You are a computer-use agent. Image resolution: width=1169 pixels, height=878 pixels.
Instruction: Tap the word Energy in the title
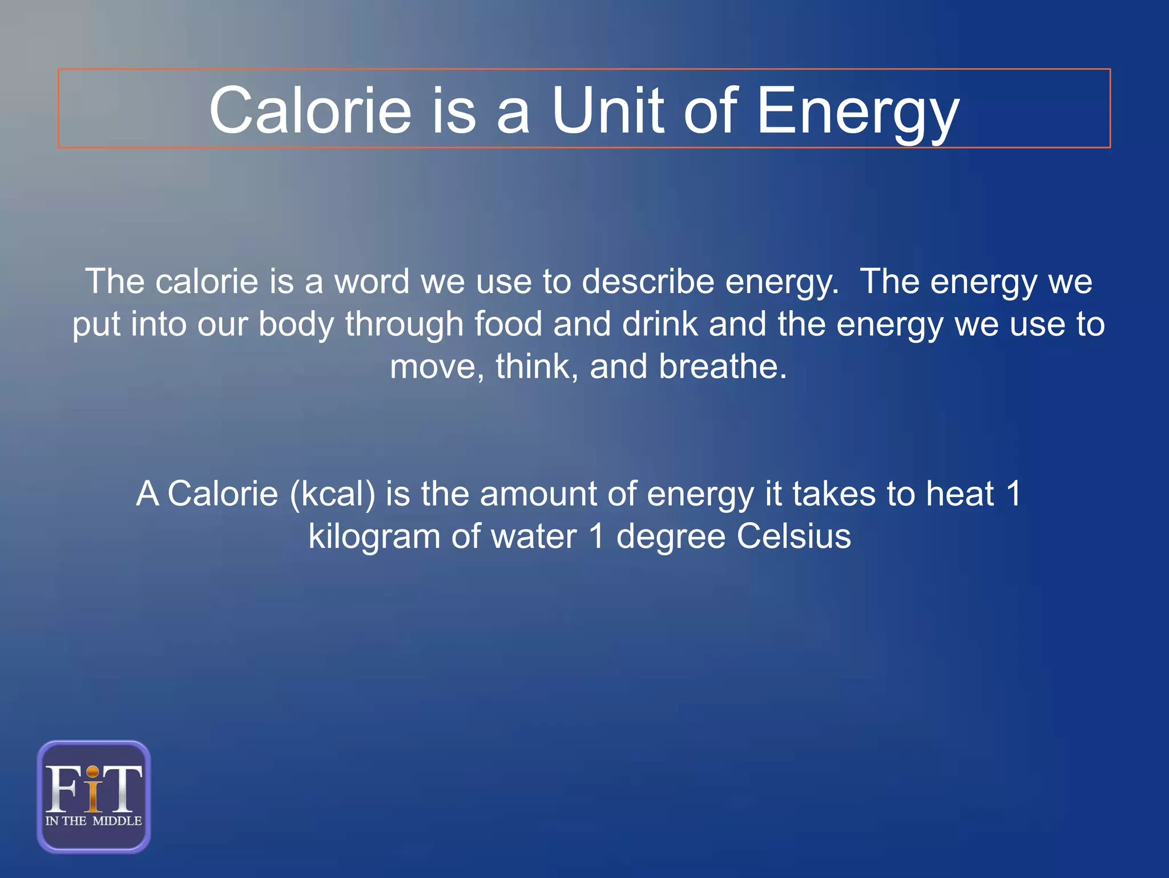[857, 113]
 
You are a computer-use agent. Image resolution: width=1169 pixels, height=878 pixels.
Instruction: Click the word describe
[648, 282]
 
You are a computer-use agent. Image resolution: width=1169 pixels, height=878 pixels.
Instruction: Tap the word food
[509, 324]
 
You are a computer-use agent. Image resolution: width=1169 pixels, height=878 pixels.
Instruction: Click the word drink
[660, 324]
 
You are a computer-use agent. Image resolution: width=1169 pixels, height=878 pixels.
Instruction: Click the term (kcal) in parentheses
[333, 494]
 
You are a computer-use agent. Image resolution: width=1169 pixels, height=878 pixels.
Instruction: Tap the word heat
[960, 494]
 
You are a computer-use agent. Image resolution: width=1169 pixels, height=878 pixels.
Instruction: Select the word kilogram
[374, 537]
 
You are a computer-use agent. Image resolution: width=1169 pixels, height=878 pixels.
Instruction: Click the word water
[534, 536]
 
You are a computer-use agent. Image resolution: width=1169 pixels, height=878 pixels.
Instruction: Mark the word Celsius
[793, 536]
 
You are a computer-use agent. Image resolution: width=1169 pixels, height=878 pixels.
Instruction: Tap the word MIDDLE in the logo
[117, 821]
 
